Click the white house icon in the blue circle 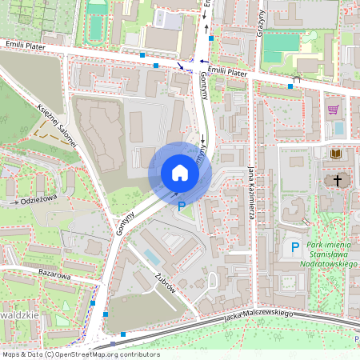click(180, 172)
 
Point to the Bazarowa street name click(55, 274)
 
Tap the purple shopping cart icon click(333, 110)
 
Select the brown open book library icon click(335, 153)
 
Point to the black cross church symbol click(338, 181)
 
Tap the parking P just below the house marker click(182, 206)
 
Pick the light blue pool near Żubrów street click(151, 257)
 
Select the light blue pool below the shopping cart click(338, 127)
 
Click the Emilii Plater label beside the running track click(23, 46)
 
